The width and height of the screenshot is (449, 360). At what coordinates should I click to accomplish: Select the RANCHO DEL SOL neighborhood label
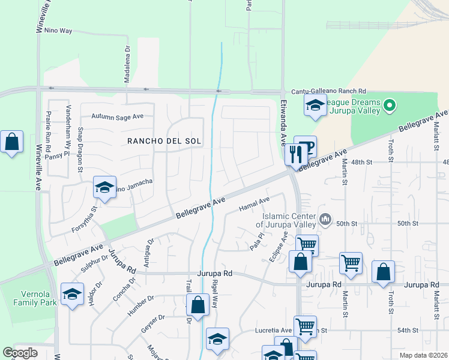point(163,141)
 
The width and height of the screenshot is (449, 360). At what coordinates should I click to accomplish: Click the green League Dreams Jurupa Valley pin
point(390,106)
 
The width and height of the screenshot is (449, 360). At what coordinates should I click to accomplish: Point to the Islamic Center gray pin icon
point(325,219)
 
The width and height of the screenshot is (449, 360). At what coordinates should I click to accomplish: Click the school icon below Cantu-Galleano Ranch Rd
point(315,106)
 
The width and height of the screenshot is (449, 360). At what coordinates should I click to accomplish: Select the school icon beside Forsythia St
point(104,187)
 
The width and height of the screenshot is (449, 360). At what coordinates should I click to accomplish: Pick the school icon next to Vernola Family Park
point(72,294)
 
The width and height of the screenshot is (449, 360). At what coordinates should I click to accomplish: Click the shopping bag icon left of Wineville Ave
point(11,143)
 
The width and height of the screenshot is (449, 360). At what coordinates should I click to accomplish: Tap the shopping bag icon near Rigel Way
point(197,305)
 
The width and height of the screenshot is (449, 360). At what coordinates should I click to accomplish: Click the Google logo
point(20,353)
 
